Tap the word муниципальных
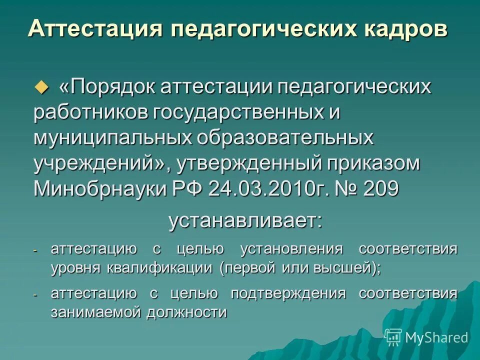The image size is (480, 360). [109, 138]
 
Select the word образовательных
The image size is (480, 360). [285, 138]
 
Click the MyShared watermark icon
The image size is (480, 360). [393, 337]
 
